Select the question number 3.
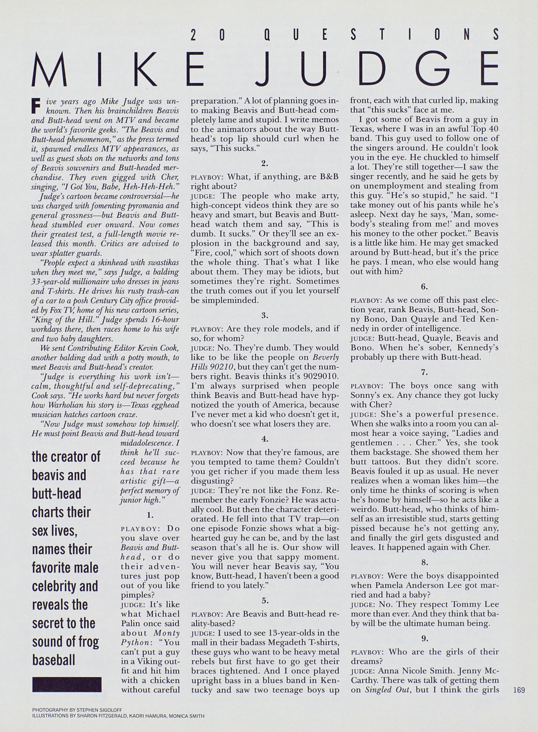pos(264,315)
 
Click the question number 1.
pos(150,515)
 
